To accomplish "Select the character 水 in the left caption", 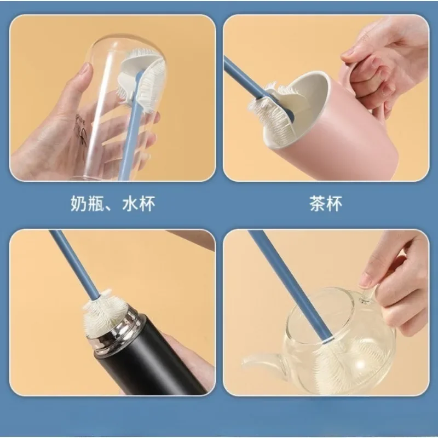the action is click(x=130, y=203).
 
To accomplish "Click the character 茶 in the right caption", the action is click(x=317, y=203).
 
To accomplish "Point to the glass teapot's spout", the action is click(x=263, y=360).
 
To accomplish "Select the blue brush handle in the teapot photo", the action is click(x=291, y=285).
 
